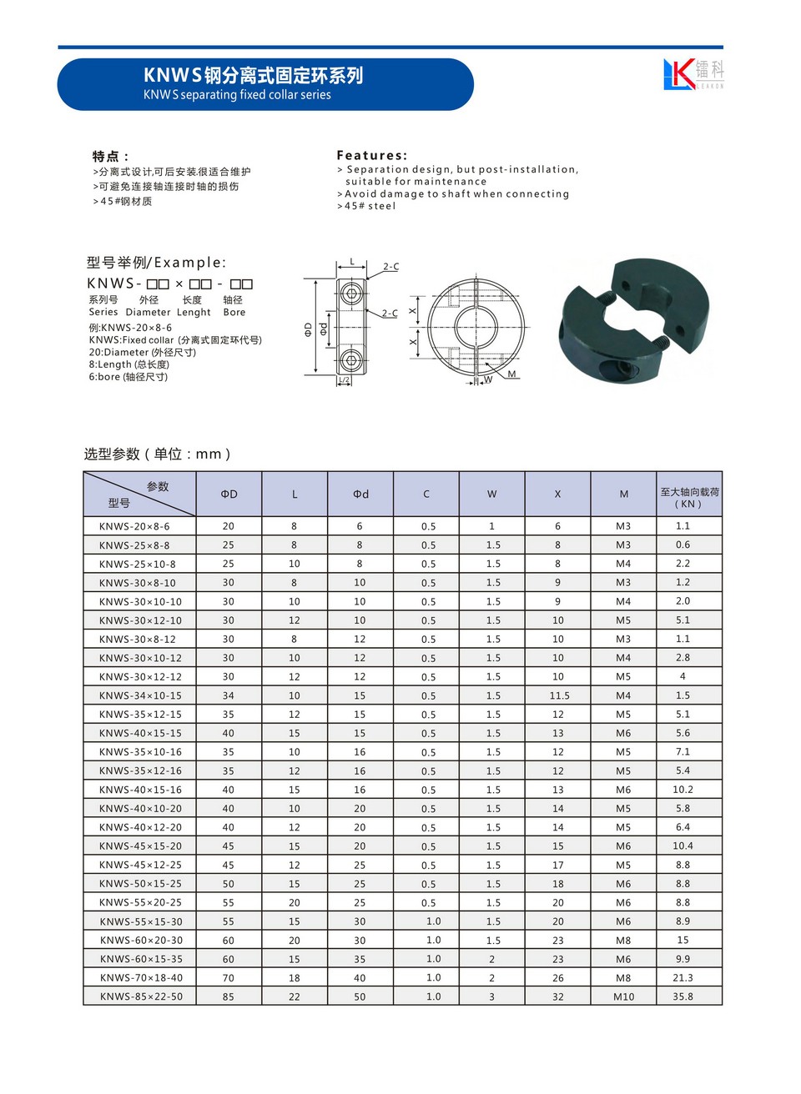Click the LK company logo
click(693, 74)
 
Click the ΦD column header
click(229, 494)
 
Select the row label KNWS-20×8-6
click(134, 527)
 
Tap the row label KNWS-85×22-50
click(141, 997)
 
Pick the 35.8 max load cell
click(683, 996)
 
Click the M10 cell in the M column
click(623, 997)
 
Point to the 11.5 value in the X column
click(559, 696)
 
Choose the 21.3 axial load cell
click(683, 978)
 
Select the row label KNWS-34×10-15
click(140, 696)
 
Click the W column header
click(492, 494)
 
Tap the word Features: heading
click(372, 155)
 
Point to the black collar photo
click(636, 320)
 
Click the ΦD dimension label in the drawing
click(308, 329)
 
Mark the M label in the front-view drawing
click(511, 374)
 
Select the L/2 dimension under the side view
click(344, 381)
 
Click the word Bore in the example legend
click(234, 313)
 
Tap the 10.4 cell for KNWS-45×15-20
click(683, 846)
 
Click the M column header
click(623, 494)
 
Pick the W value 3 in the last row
click(492, 997)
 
